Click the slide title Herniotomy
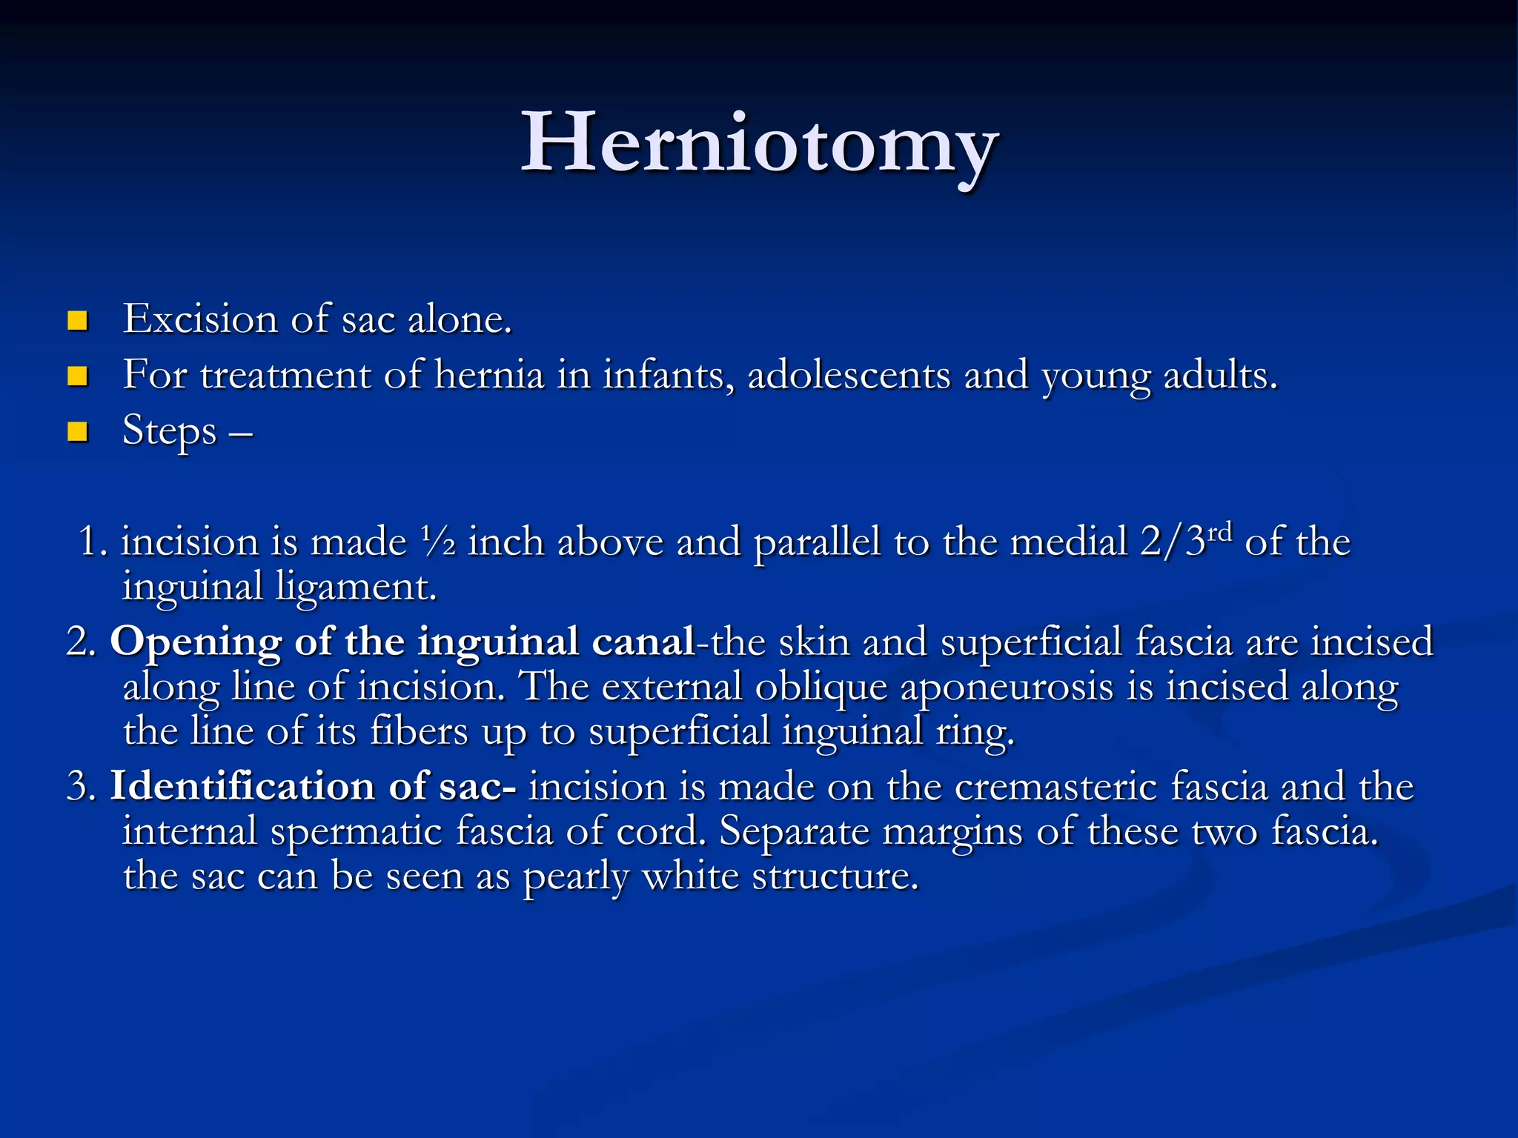(759, 142)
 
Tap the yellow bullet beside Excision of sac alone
(77, 320)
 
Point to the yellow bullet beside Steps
(77, 431)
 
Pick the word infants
(668, 374)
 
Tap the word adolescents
(849, 374)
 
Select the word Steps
(169, 431)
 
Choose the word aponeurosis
(1007, 687)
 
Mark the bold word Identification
(242, 786)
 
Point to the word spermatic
(357, 831)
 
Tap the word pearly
(575, 877)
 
